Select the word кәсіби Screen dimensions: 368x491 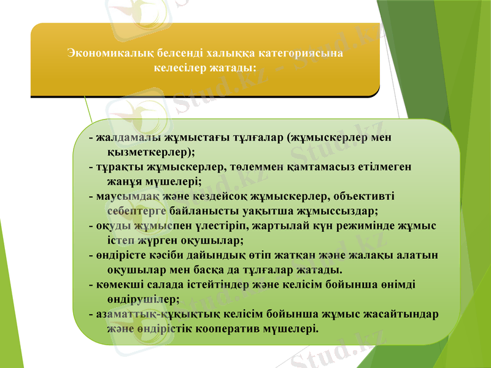(163, 255)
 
